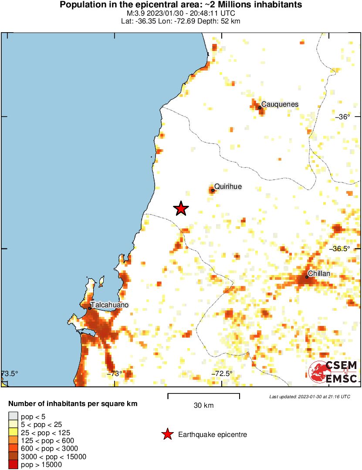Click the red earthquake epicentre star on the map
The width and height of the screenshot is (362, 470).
click(x=181, y=209)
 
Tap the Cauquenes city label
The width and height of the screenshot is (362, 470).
click(x=280, y=104)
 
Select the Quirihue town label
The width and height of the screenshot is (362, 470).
click(x=228, y=187)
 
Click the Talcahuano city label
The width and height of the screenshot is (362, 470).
click(x=109, y=305)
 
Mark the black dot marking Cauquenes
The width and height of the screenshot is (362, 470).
click(x=260, y=107)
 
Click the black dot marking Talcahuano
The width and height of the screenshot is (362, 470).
click(x=90, y=309)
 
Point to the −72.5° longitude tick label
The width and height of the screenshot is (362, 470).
click(x=222, y=373)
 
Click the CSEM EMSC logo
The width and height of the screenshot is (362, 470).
click(x=333, y=372)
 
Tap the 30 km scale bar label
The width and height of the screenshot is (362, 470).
click(x=203, y=406)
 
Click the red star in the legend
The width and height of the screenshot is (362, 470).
click(x=166, y=434)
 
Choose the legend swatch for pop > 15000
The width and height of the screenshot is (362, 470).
click(x=13, y=465)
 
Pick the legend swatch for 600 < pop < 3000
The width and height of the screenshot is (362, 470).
click(x=13, y=449)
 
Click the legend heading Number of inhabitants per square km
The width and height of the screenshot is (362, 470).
click(x=73, y=404)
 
